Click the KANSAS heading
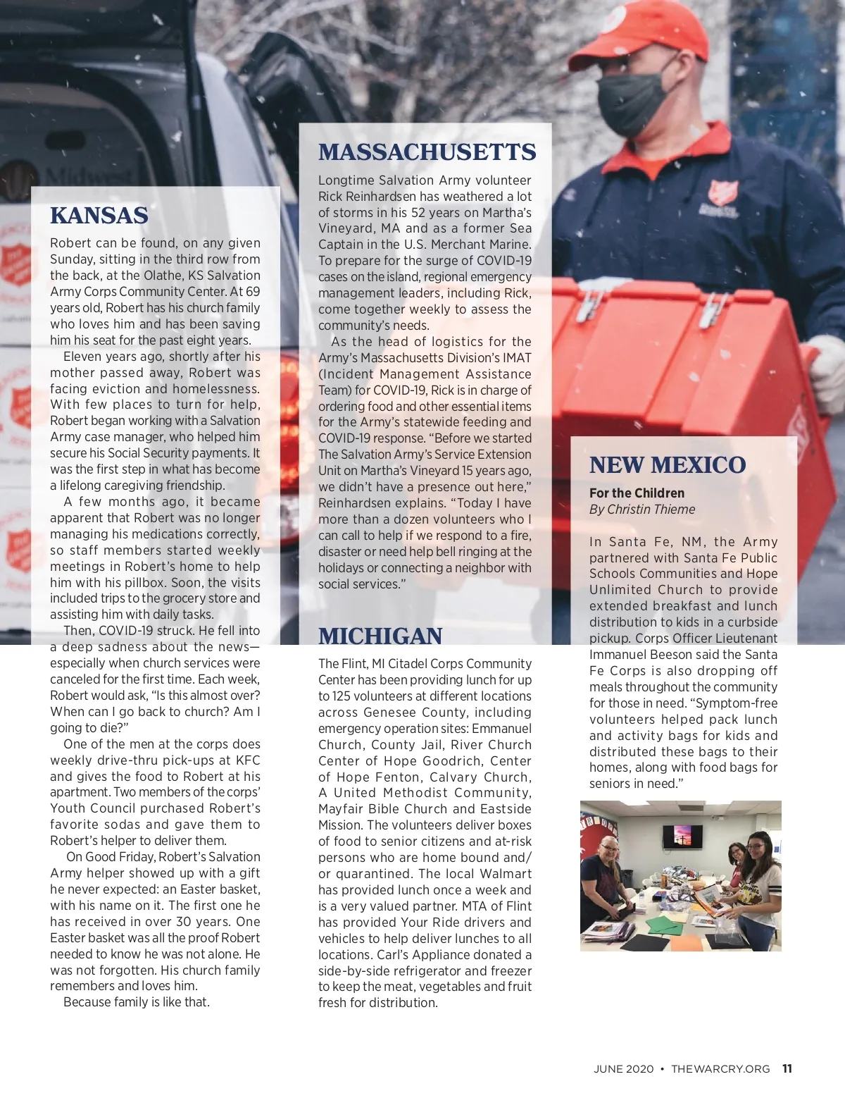99,216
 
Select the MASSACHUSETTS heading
427,152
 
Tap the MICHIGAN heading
380,636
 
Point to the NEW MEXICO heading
667,465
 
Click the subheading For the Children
637,493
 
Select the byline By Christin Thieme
641,510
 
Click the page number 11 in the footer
787,1068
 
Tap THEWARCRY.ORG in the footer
720,1069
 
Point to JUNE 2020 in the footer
623,1069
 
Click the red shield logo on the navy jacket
723,192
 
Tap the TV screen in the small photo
682,836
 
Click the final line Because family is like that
136,1002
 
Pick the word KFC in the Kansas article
247,760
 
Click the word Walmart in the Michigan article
506,874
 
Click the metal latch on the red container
713,310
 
